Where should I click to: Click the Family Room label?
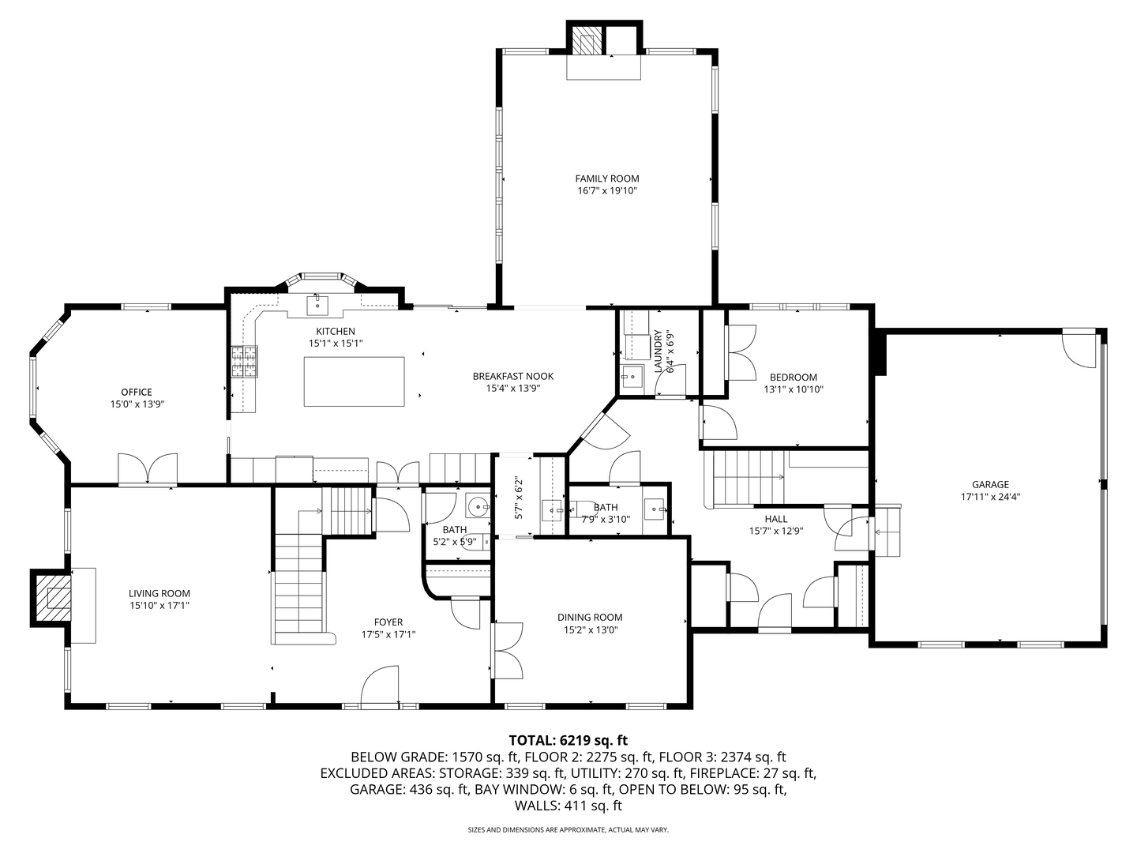[607, 178]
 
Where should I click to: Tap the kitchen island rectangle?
[354, 381]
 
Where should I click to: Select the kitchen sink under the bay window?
[317, 305]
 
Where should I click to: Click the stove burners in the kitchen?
[244, 362]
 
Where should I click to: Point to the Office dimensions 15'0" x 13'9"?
[137, 404]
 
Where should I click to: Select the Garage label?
[990, 485]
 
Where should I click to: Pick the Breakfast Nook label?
[512, 377]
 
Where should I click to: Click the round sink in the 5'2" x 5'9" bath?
[477, 505]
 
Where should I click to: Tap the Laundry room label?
[659, 351]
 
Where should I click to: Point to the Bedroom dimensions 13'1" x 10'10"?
[794, 389]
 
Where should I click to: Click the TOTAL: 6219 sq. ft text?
[568, 741]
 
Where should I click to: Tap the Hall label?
[776, 519]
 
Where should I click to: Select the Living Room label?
[159, 593]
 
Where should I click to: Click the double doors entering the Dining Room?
[507, 651]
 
